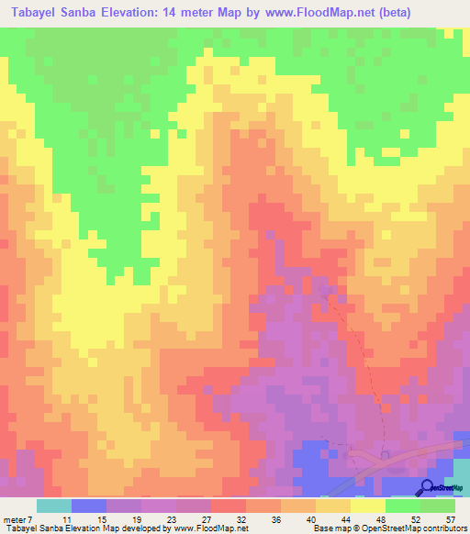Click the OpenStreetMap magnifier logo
pyautogui.click(x=429, y=487)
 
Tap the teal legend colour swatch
pyautogui.click(x=53, y=506)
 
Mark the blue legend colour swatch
pyautogui.click(x=88, y=506)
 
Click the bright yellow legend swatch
pyautogui.click(x=368, y=506)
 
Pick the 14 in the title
pyautogui.click(x=184, y=13)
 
